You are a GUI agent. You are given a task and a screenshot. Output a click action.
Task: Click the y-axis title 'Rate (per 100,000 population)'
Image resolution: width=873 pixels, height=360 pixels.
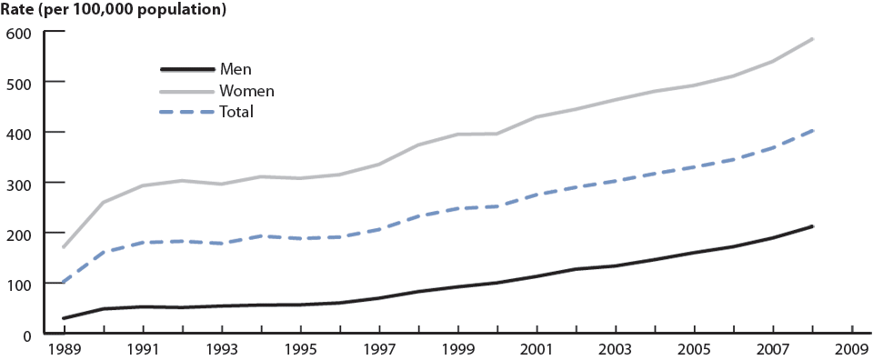click(114, 11)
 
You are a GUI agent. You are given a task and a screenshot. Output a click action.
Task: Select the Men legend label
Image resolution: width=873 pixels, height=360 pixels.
click(236, 69)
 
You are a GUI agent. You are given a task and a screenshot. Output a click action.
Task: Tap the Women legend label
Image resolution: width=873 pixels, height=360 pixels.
click(246, 91)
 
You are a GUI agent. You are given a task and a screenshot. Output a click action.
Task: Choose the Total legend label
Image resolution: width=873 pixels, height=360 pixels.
click(236, 112)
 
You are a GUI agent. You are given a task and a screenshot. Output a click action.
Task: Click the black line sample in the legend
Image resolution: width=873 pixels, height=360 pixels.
click(187, 69)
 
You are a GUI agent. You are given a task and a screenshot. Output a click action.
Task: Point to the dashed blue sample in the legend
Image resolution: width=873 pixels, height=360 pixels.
click(187, 112)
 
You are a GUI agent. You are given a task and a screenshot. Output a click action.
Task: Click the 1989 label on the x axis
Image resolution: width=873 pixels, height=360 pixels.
click(64, 350)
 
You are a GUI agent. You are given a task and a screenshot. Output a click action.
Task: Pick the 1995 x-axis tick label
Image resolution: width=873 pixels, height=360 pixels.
click(300, 350)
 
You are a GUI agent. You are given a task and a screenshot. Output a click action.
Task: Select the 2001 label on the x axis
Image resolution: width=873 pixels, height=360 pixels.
click(537, 350)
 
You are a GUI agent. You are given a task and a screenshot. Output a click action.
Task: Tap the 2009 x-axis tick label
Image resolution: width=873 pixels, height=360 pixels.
click(852, 350)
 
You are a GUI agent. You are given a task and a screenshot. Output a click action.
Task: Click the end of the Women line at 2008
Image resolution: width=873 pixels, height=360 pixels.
click(812, 39)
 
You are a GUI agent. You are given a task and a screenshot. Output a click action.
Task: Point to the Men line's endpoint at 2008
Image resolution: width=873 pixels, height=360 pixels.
click(812, 226)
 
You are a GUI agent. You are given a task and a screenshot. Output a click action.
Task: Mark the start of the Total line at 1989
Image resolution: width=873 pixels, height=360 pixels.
click(64, 283)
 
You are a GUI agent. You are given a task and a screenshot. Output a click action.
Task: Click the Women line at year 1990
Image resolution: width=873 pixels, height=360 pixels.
click(103, 202)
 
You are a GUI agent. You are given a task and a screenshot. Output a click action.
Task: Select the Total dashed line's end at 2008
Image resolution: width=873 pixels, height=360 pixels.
click(812, 131)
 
